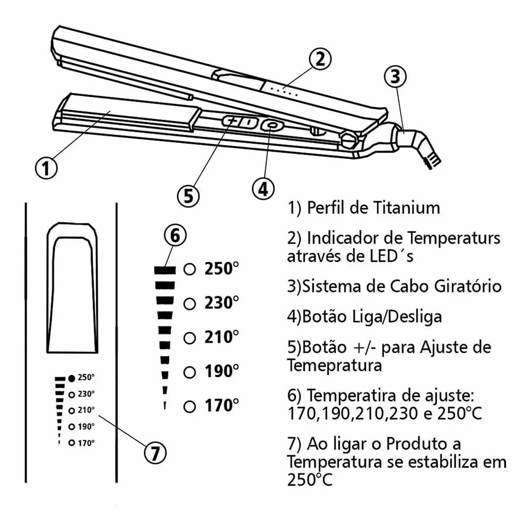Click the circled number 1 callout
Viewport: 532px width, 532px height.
click(x=46, y=168)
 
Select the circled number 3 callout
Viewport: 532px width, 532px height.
click(x=394, y=77)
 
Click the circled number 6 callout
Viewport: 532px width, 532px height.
click(x=176, y=235)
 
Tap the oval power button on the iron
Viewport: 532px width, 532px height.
click(x=272, y=126)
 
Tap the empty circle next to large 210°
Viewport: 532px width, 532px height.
click(x=189, y=338)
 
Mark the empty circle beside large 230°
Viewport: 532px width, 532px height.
click(x=189, y=304)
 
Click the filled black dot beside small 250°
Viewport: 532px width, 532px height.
click(x=71, y=378)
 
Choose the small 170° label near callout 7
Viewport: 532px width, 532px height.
click(x=86, y=443)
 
